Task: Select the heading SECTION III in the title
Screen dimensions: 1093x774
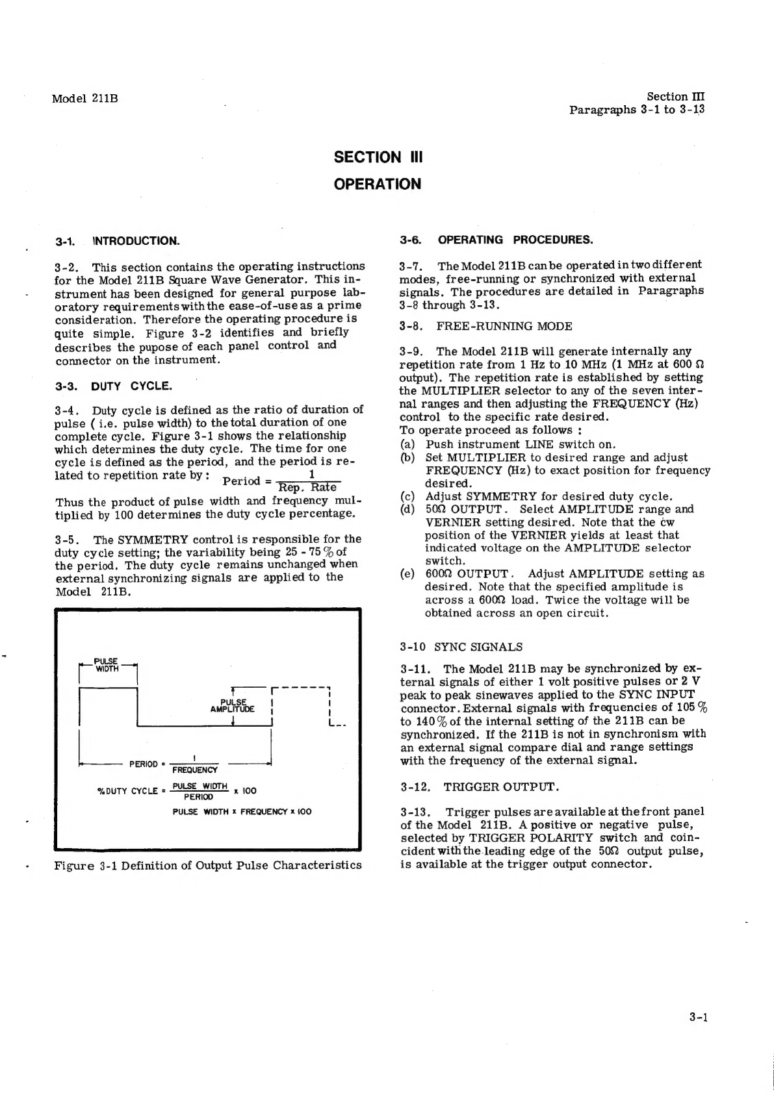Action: pyautogui.click(x=378, y=157)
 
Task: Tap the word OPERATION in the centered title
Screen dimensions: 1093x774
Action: pyautogui.click(x=378, y=184)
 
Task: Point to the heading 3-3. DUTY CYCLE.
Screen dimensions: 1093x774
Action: pyautogui.click(x=114, y=386)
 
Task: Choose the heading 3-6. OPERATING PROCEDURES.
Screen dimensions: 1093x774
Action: pyautogui.click(x=497, y=240)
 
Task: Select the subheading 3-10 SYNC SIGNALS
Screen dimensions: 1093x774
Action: pyautogui.click(x=461, y=647)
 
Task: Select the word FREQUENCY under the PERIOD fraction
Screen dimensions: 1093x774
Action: pyautogui.click(x=194, y=770)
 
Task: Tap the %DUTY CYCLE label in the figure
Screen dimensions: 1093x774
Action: pyautogui.click(x=127, y=791)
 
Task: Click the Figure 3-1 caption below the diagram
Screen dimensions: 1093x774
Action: pyautogui.click(x=208, y=865)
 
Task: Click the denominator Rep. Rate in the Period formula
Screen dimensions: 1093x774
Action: pyautogui.click(x=307, y=488)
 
